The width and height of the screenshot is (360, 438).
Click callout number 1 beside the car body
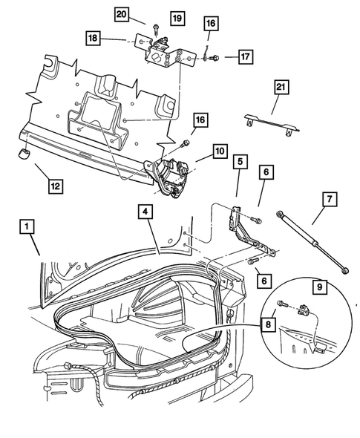pyautogui.click(x=26, y=226)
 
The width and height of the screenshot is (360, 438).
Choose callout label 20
pyautogui.click(x=121, y=13)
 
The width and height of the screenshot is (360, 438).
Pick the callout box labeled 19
pyautogui.click(x=176, y=17)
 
